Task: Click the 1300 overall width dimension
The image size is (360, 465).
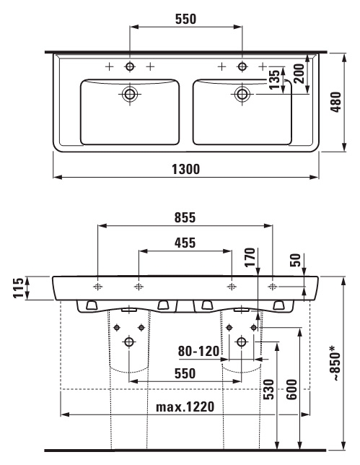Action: [186, 170]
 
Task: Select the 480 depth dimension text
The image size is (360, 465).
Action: [336, 102]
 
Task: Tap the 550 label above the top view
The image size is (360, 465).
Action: [186, 19]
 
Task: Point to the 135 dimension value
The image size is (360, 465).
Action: [275, 79]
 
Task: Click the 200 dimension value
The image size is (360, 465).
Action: [299, 74]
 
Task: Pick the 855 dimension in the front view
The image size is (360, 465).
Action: [185, 217]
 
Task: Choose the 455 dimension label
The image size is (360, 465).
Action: [185, 243]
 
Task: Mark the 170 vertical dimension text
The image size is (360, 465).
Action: [250, 257]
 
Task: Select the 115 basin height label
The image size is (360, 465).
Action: [18, 287]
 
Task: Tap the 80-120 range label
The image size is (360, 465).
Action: [198, 352]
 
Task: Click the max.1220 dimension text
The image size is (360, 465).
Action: [185, 407]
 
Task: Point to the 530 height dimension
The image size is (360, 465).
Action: [269, 389]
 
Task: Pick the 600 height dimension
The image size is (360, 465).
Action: [292, 389]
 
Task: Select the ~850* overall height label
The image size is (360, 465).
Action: [335, 363]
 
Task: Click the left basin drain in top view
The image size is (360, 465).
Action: [129, 94]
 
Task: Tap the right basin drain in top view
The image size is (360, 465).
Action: [242, 94]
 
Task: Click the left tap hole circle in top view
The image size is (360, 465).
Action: [129, 66]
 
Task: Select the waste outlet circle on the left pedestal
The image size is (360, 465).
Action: [129, 342]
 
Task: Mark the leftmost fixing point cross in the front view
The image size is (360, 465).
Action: [98, 287]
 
